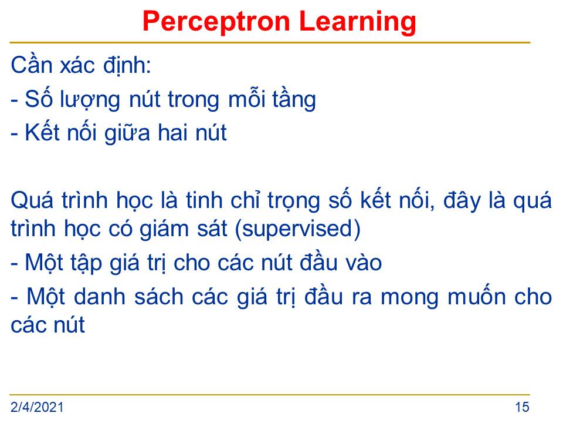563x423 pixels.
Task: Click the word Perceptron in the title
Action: pyautogui.click(x=216, y=22)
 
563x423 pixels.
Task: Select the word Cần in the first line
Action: pyautogui.click(x=31, y=65)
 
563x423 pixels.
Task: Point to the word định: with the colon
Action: pyautogui.click(x=127, y=66)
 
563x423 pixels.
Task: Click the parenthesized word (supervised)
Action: pyautogui.click(x=298, y=229)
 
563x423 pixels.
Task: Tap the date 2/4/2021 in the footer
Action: pyautogui.click(x=37, y=407)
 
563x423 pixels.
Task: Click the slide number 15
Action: pyautogui.click(x=522, y=407)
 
